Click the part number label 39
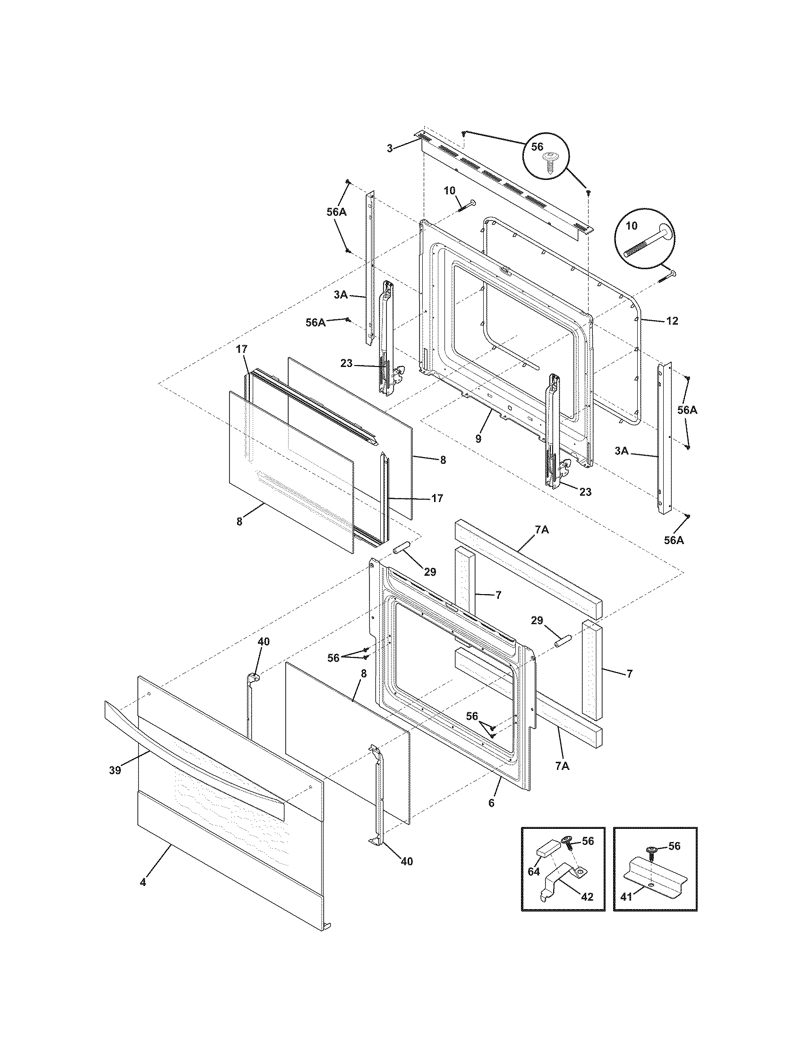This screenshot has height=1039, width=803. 115,770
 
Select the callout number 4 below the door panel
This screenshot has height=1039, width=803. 143,882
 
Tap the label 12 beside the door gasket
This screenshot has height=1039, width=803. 672,321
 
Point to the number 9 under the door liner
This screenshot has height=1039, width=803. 478,439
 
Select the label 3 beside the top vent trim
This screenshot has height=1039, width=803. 390,148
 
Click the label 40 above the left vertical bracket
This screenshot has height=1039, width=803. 263,642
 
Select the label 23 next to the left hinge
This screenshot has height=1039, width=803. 346,364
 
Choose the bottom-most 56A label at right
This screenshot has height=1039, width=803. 674,540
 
